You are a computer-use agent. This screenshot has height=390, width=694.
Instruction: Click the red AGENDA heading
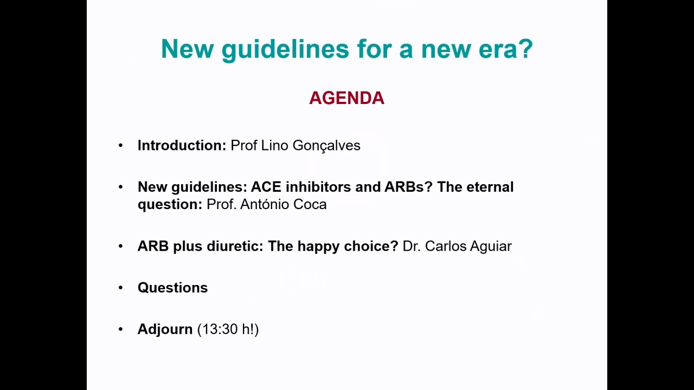tap(346, 98)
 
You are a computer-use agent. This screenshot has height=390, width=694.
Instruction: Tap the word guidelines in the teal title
tap(285, 49)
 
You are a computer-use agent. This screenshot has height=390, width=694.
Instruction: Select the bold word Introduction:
tap(182, 145)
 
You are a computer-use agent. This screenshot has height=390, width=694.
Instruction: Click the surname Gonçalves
tap(326, 146)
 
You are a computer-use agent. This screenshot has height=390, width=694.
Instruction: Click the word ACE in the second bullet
tap(266, 187)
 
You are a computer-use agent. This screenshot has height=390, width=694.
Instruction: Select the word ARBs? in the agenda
tap(408, 187)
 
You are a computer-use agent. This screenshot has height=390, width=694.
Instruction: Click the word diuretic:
tap(235, 246)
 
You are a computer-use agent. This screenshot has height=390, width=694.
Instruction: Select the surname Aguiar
tap(491, 246)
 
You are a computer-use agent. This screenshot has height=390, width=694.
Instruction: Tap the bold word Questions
tap(172, 288)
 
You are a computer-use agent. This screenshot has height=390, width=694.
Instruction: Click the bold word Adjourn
tap(165, 329)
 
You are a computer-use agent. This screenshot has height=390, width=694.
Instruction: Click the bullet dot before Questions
tap(120, 288)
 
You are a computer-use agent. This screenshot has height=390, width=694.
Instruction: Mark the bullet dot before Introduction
tap(120, 145)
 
